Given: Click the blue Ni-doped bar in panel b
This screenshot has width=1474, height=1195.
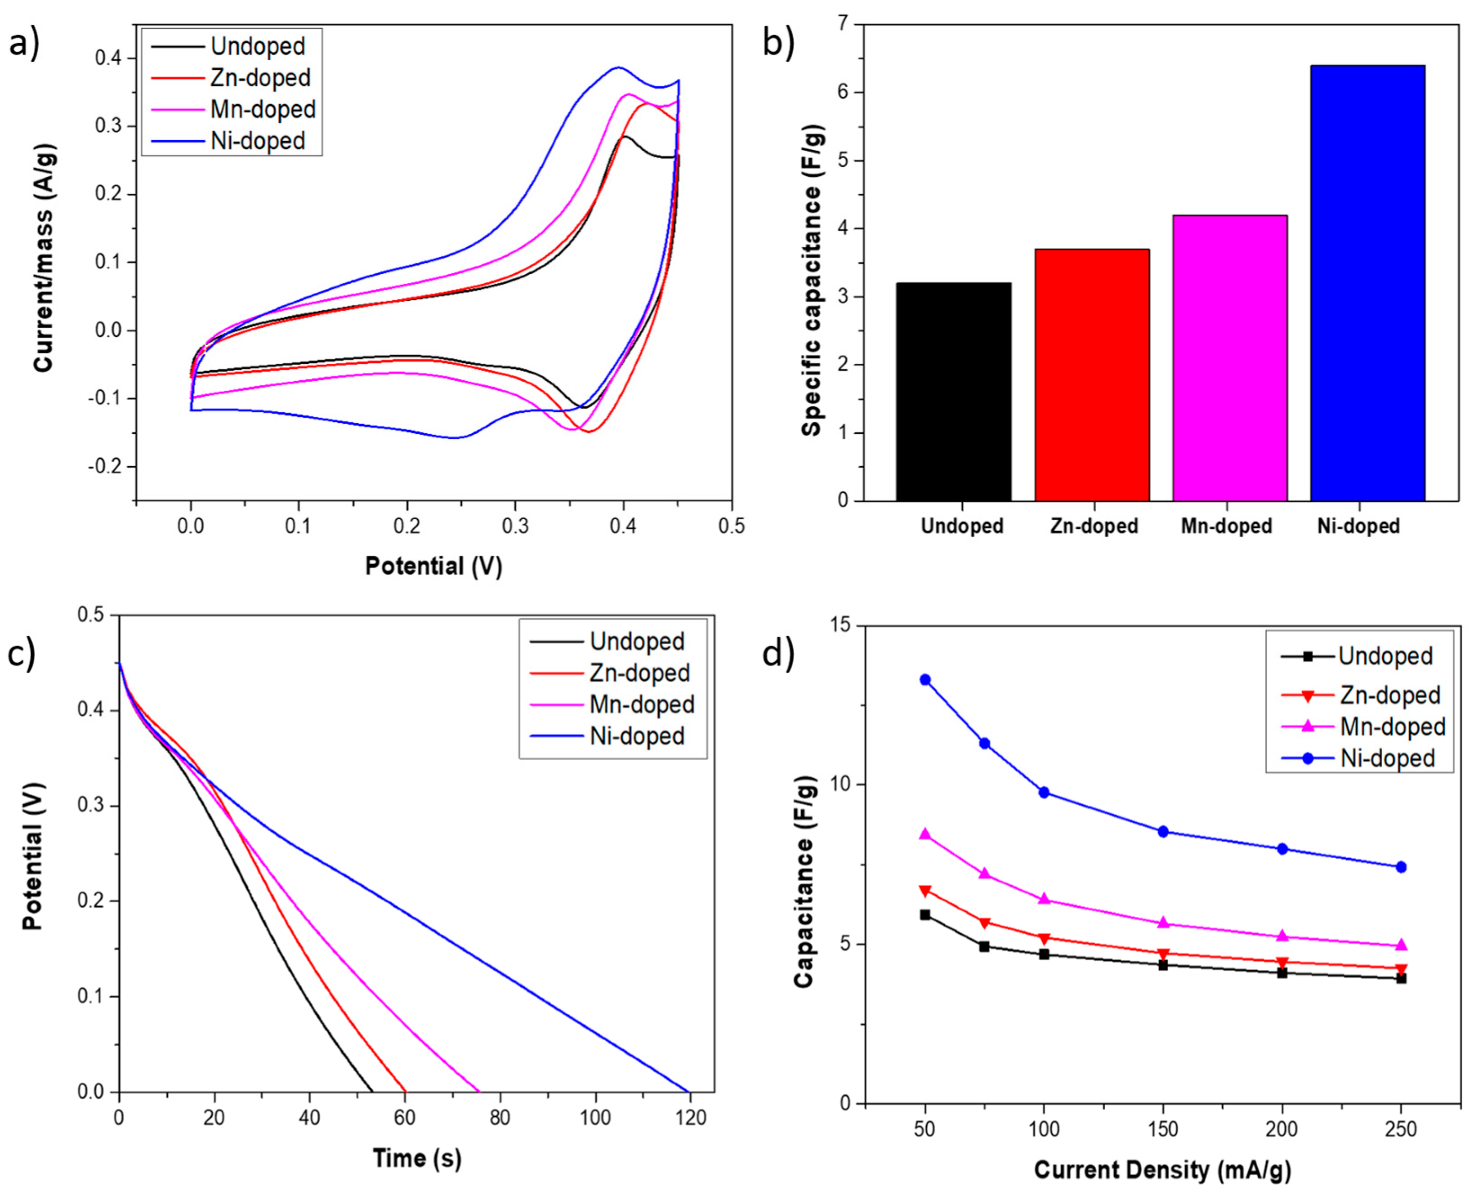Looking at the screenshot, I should pos(1367,282).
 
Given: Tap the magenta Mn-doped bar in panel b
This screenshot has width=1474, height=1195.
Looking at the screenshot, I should pos(1229,358).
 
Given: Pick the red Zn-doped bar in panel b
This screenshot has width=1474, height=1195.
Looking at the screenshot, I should pos(1092,375).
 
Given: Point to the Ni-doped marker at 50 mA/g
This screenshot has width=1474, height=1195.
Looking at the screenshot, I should pos(925,679).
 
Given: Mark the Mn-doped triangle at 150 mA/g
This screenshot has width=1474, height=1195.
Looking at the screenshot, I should pos(1163,923).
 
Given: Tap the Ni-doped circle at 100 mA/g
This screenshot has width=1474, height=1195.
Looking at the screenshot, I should pos(1044,792).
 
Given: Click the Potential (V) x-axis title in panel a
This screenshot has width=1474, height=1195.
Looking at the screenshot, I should pos(434,566).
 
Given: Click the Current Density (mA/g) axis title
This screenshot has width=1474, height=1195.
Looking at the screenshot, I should pos(1162,1169).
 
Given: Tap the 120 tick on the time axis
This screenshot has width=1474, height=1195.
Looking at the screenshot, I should pos(688,1118).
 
